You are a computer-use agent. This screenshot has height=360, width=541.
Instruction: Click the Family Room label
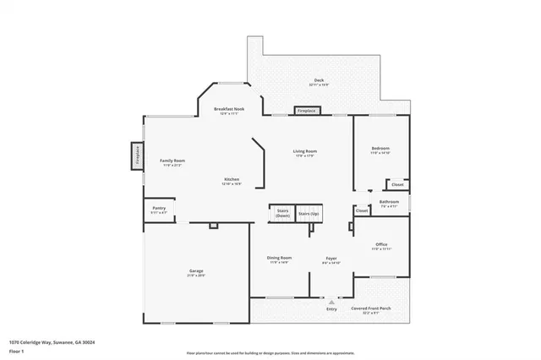(x=172, y=161)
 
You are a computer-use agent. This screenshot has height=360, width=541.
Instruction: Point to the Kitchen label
(x=232, y=180)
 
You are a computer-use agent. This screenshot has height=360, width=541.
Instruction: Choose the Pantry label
(x=158, y=209)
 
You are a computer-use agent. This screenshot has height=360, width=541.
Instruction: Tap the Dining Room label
(x=280, y=259)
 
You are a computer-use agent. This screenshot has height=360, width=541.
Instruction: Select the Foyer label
(x=331, y=259)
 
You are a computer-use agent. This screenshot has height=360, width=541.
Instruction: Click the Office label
(x=381, y=246)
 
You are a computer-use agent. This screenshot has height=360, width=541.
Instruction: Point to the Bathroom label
(x=389, y=203)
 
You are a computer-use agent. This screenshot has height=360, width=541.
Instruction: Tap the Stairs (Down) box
(x=282, y=213)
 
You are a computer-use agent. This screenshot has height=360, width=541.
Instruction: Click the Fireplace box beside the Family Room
(x=134, y=156)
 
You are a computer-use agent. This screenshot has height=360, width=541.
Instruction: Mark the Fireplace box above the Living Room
(x=306, y=111)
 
